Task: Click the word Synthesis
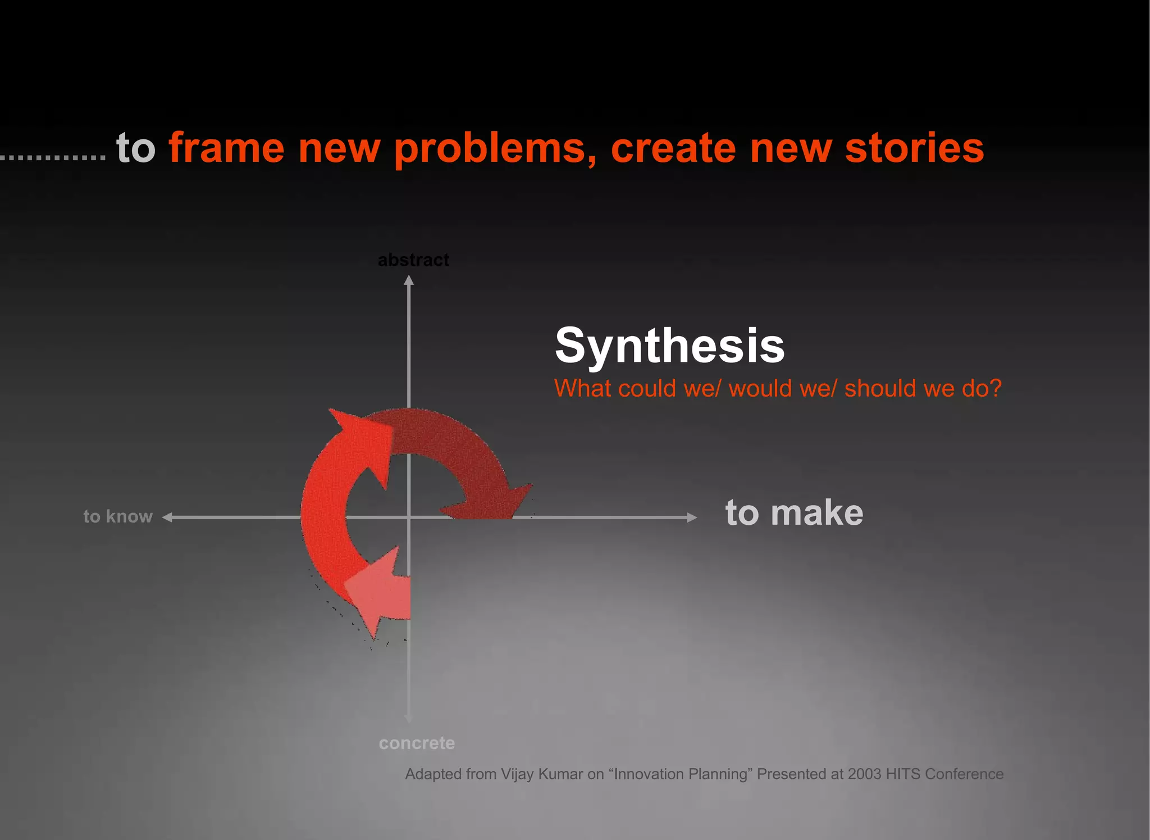pos(669,346)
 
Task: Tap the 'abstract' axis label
pos(413,260)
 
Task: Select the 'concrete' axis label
pos(417,743)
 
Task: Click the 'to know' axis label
pos(118,516)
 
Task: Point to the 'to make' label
pos(794,513)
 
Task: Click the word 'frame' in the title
pos(226,148)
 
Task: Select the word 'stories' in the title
pos(914,148)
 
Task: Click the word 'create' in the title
pos(673,148)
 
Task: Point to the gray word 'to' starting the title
pos(135,148)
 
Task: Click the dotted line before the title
pos(53,158)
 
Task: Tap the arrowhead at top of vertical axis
pos(409,280)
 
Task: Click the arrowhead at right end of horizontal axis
pos(692,517)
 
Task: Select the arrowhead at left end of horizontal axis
pos(167,517)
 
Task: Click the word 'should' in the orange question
pos(880,388)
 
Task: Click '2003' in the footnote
pos(865,774)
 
